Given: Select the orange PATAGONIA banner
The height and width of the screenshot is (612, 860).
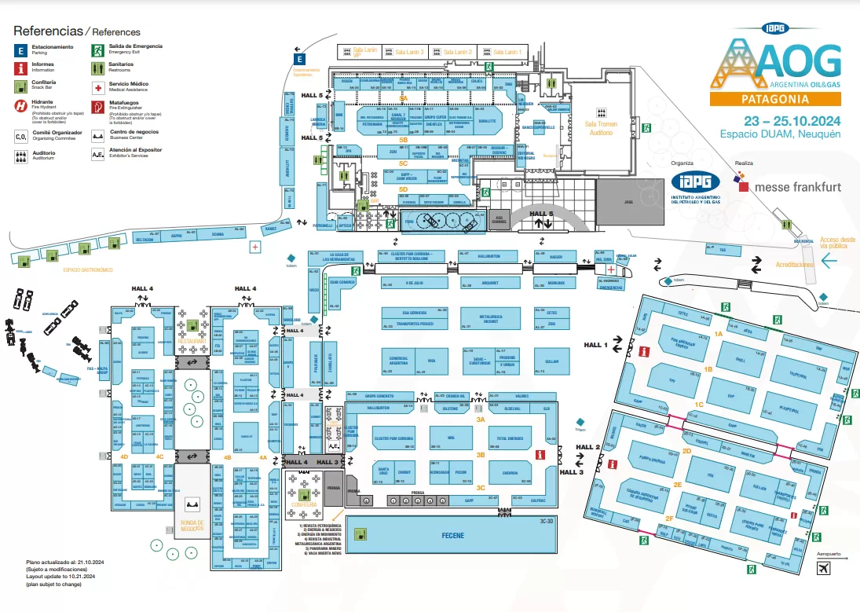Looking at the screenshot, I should coord(775,99).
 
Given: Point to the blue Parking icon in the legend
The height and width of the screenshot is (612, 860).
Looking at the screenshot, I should coord(21,49).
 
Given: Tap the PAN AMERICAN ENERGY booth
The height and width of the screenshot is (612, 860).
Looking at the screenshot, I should coord(680,343).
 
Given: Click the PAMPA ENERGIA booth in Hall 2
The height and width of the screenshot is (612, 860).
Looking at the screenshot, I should coord(653,460).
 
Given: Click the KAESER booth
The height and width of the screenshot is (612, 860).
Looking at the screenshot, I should coord(556,257).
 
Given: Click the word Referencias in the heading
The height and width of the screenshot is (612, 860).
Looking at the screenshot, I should coord(47,31).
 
